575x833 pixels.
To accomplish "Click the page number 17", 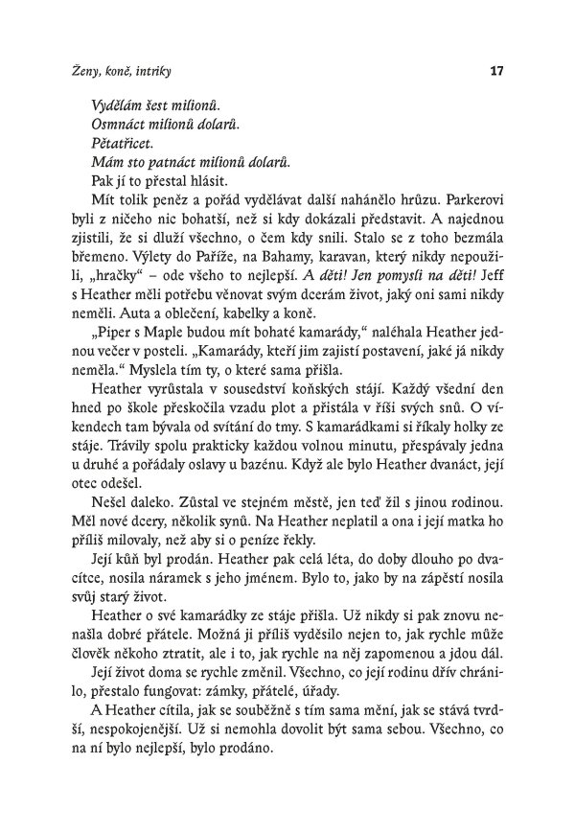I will coord(496,70).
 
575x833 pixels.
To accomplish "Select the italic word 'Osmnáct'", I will coord(114,125).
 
